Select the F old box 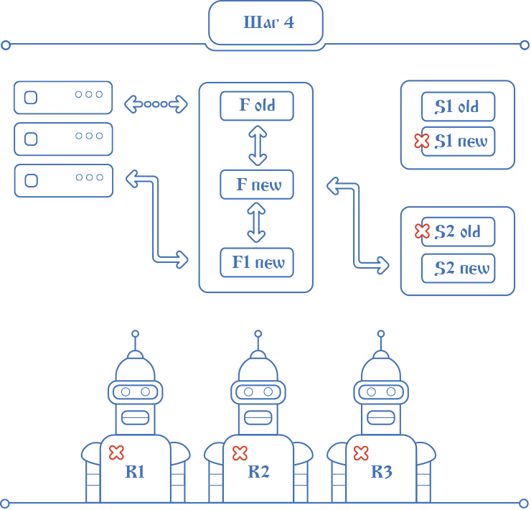coord(257,106)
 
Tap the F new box coord(257,185)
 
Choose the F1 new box coord(257,262)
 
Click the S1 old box coord(458,107)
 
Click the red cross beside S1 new coord(422,142)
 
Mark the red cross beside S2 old coord(422,231)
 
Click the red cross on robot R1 coord(116,453)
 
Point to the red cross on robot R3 coord(361,453)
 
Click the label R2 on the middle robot coord(258,472)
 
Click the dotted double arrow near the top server coord(156,104)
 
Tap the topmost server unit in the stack coord(63,97)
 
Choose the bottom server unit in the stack coord(63,180)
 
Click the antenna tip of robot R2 coord(258,334)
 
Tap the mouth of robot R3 coord(380,417)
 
